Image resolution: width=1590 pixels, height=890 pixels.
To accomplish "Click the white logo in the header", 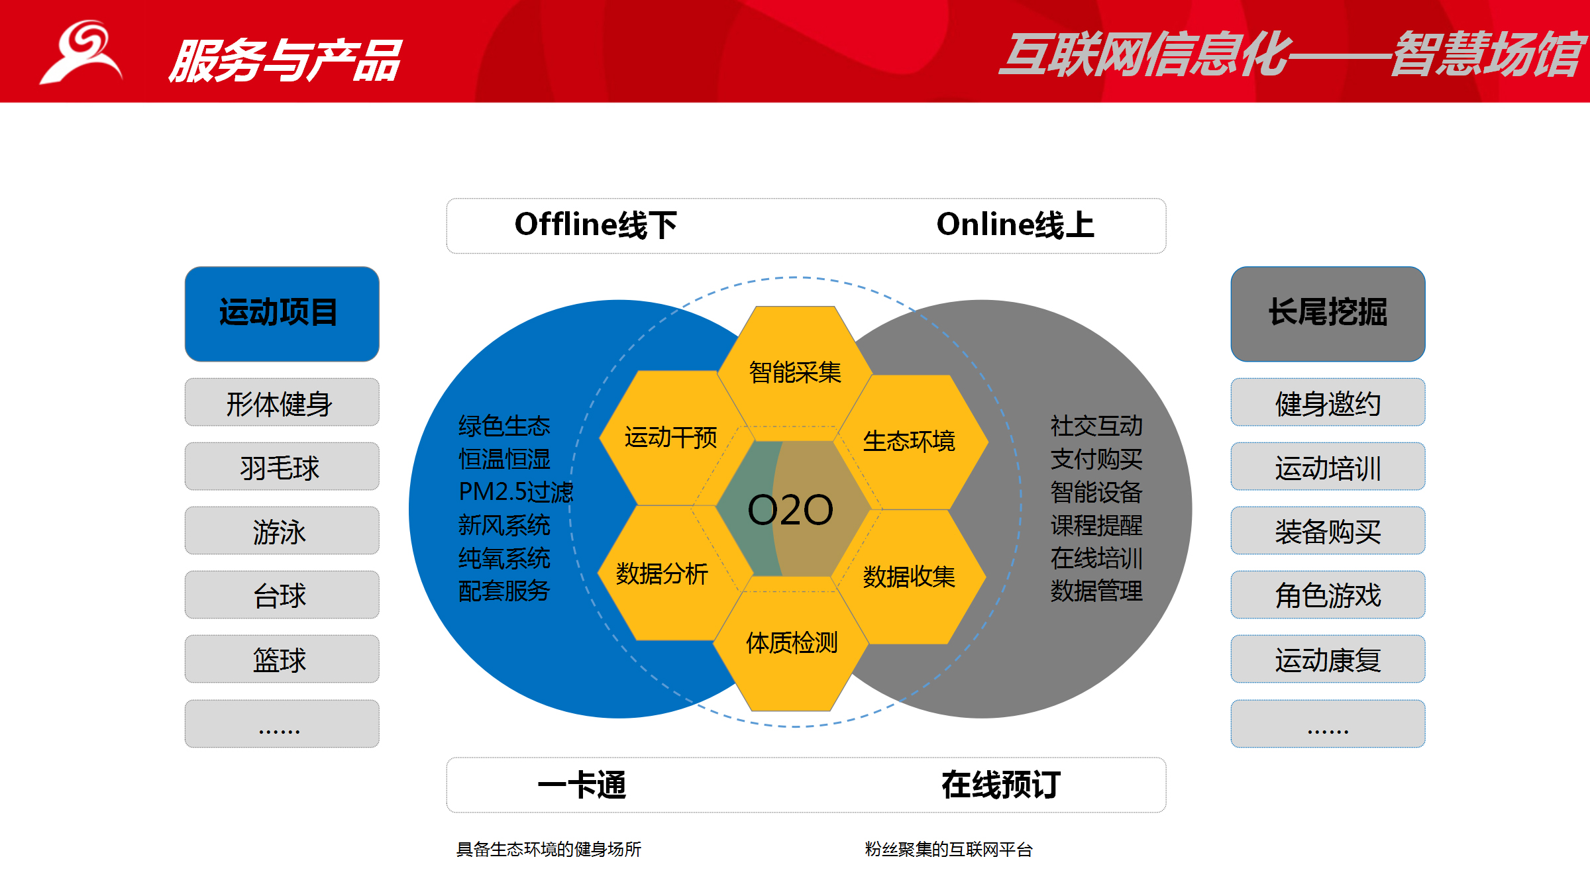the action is coord(81,52).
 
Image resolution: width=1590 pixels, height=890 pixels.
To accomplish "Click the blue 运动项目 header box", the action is coord(282,314).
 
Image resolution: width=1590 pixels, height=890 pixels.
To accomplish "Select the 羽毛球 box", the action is coord(282,466).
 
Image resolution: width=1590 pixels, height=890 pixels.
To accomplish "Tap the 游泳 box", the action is coord(282,530).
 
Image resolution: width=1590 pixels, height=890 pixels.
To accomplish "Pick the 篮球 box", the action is coord(282,659).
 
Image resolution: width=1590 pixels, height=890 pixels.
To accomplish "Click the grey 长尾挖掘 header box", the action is coord(1328,314).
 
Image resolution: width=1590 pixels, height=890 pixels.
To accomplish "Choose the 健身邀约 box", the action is coord(1328,402).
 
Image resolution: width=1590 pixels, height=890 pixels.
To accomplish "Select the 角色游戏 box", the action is coord(1328,595).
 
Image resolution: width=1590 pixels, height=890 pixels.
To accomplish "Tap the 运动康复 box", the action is coord(1328,659).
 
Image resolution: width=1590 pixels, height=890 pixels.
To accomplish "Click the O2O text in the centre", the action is coord(790,510).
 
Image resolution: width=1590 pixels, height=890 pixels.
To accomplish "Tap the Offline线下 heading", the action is coord(596,224).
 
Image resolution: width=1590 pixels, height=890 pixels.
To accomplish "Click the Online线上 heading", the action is coord(1015,224).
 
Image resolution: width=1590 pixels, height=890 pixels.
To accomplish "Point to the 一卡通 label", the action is coord(582,785).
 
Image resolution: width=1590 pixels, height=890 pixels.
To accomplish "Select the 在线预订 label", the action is coord(1001,785).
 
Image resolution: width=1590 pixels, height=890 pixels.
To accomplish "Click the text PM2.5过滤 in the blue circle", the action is coord(516,492).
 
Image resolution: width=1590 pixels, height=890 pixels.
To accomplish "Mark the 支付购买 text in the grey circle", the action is coord(1096,459).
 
